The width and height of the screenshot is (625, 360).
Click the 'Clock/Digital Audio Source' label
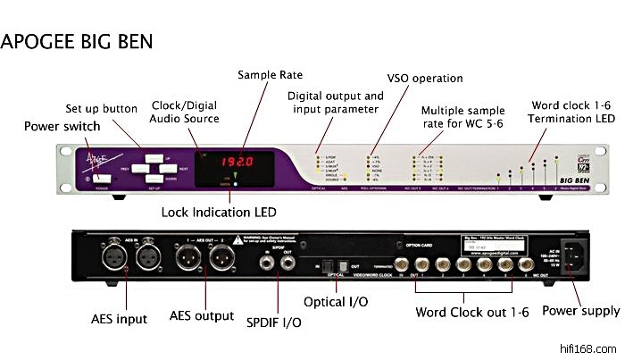click(185, 113)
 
